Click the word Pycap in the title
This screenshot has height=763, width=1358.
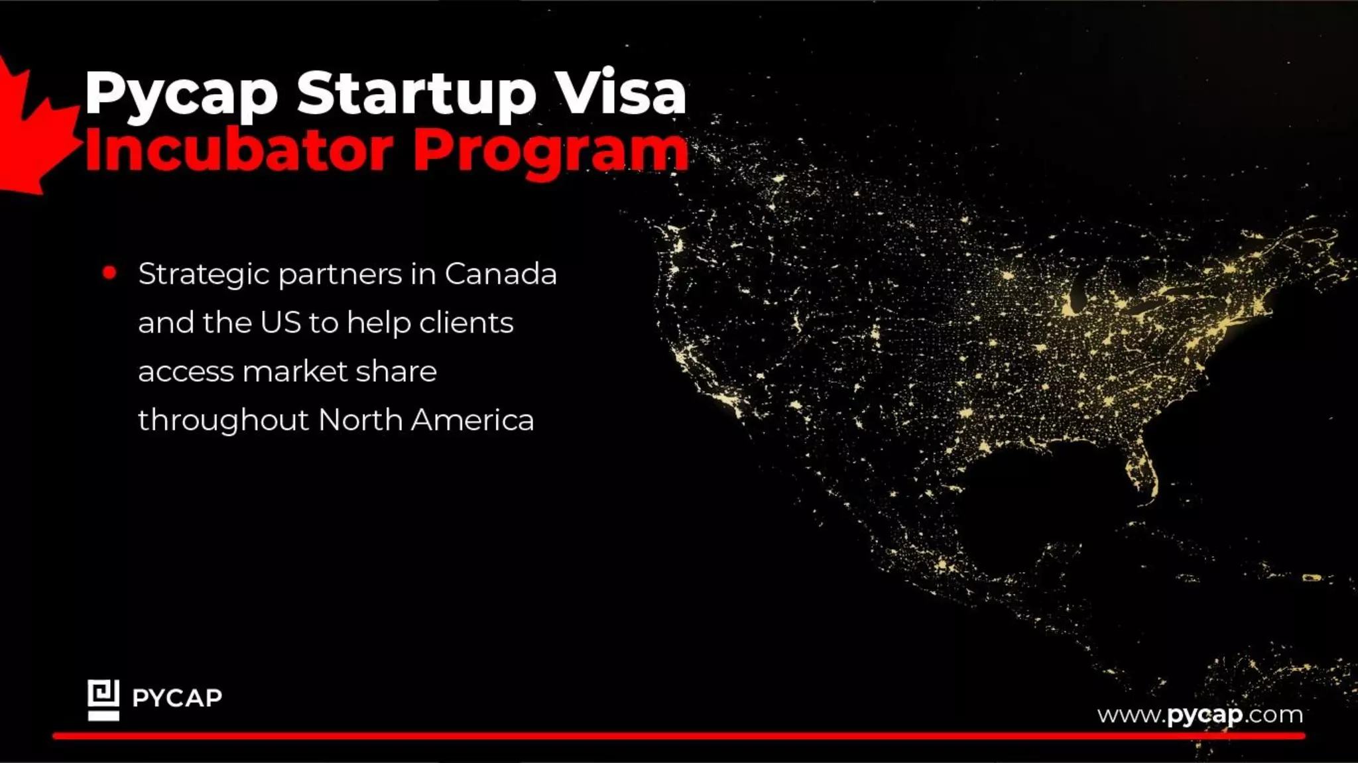point(181,95)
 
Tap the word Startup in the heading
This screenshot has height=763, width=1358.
point(416,95)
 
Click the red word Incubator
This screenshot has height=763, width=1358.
point(239,151)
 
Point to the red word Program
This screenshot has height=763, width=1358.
point(550,152)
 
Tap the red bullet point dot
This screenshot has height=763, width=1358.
point(110,272)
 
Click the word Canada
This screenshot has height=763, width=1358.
point(501,274)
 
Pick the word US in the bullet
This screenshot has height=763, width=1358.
point(280,323)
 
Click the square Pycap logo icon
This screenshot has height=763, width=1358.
point(103,699)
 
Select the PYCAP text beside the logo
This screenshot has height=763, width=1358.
point(177,698)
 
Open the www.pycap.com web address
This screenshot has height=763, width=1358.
point(1200,715)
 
